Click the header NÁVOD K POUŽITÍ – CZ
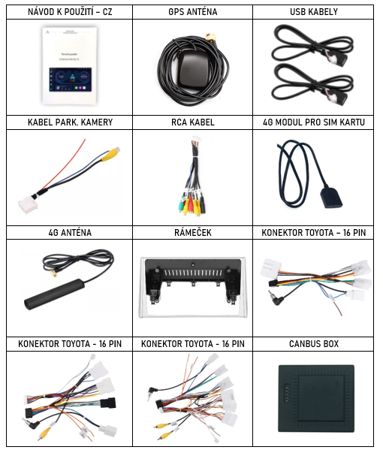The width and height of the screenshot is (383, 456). point(70,12)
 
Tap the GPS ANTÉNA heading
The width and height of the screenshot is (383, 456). point(192,12)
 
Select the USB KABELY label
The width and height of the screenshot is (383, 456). point(314,12)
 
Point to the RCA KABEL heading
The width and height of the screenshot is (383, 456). point(192,122)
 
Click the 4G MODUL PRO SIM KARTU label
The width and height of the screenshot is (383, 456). point(314,122)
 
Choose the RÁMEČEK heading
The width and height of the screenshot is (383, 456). point(193,232)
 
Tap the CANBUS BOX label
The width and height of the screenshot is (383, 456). point(314,344)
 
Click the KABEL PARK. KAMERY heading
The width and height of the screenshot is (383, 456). point(70,122)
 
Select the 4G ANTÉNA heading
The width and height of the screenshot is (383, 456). point(70,233)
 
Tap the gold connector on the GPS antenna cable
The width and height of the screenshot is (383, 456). point(211,37)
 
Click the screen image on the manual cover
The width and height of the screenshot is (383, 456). point(70,80)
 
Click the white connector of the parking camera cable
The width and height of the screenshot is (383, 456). point(28,205)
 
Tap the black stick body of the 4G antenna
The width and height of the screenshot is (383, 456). point(55,294)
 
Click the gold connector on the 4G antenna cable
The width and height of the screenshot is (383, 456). point(53,273)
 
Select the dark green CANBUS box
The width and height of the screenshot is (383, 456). point(316,398)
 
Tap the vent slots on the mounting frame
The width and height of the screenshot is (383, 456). point(193,273)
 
